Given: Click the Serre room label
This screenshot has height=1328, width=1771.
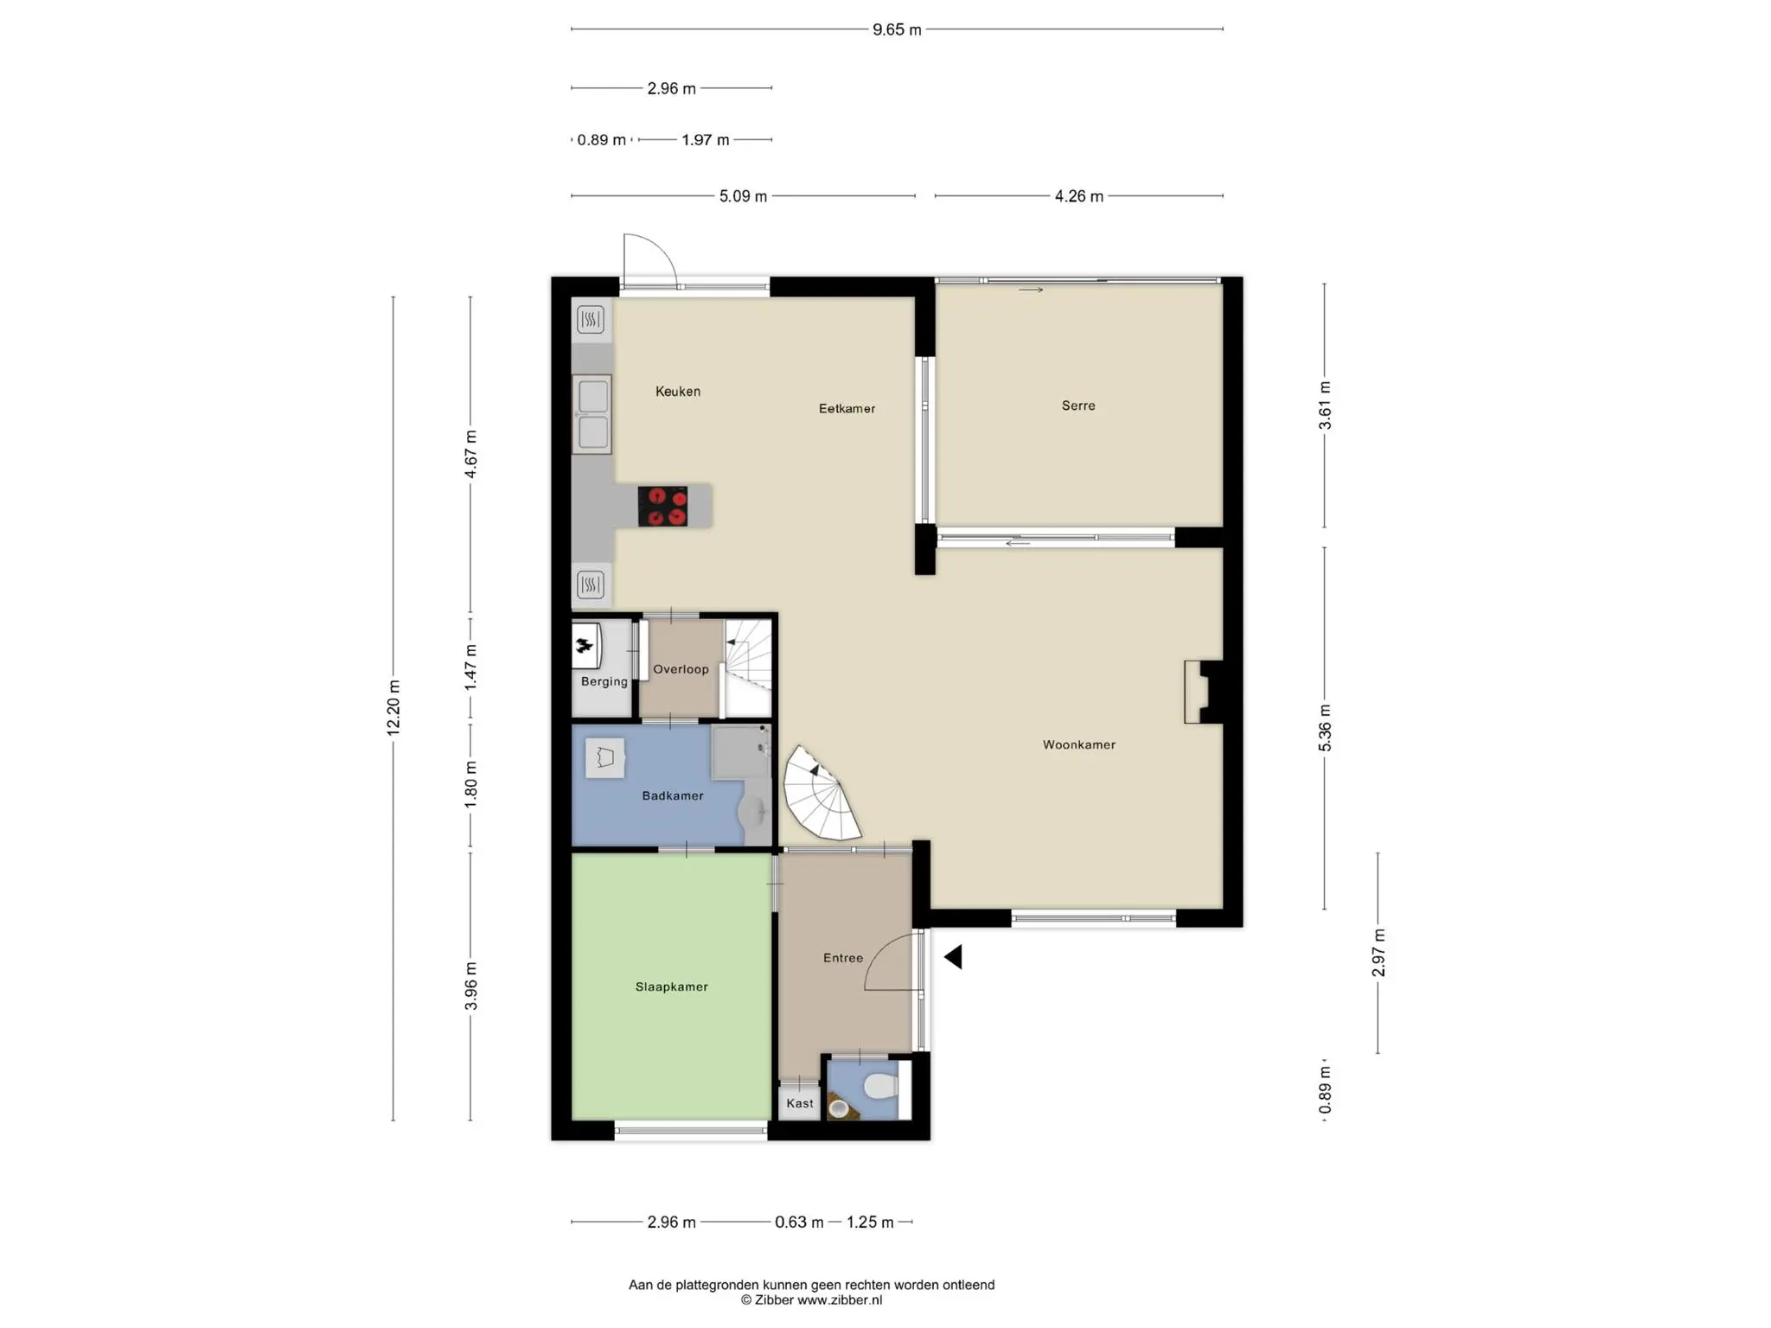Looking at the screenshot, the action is tap(1078, 405).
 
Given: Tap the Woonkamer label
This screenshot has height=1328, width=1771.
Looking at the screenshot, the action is tap(1078, 744).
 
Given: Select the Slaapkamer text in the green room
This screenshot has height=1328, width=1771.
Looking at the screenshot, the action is tap(671, 986).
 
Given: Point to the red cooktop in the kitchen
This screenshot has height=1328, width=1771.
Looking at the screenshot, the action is tap(662, 506).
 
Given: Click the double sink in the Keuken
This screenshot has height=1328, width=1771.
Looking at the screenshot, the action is tap(592, 414).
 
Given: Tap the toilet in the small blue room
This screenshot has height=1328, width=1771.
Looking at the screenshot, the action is tap(880, 1087).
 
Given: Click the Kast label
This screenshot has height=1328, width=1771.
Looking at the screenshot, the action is tap(800, 1103).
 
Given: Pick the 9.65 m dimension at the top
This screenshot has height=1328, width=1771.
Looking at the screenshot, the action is tap(897, 29).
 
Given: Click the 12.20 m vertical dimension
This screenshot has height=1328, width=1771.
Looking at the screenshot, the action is tap(393, 708).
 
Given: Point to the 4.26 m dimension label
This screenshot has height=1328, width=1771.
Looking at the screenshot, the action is tap(1078, 196).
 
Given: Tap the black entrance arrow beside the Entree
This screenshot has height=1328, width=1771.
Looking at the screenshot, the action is tap(953, 957).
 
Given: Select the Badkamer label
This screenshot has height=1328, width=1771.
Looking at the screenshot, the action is tap(672, 795).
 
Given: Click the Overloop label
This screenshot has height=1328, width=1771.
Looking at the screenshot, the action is tap(681, 669).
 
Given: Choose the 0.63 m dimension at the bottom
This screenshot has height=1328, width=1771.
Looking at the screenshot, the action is tap(799, 1222).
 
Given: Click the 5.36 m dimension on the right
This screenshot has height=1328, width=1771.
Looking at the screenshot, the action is tap(1325, 729).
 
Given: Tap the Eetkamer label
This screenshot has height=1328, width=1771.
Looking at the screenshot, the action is tap(847, 409).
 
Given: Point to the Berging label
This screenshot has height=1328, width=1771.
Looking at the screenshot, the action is tap(604, 681).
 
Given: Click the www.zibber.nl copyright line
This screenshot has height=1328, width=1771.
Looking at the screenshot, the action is tap(811, 1299).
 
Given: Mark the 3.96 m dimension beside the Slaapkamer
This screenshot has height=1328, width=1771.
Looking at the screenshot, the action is tap(470, 986).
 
